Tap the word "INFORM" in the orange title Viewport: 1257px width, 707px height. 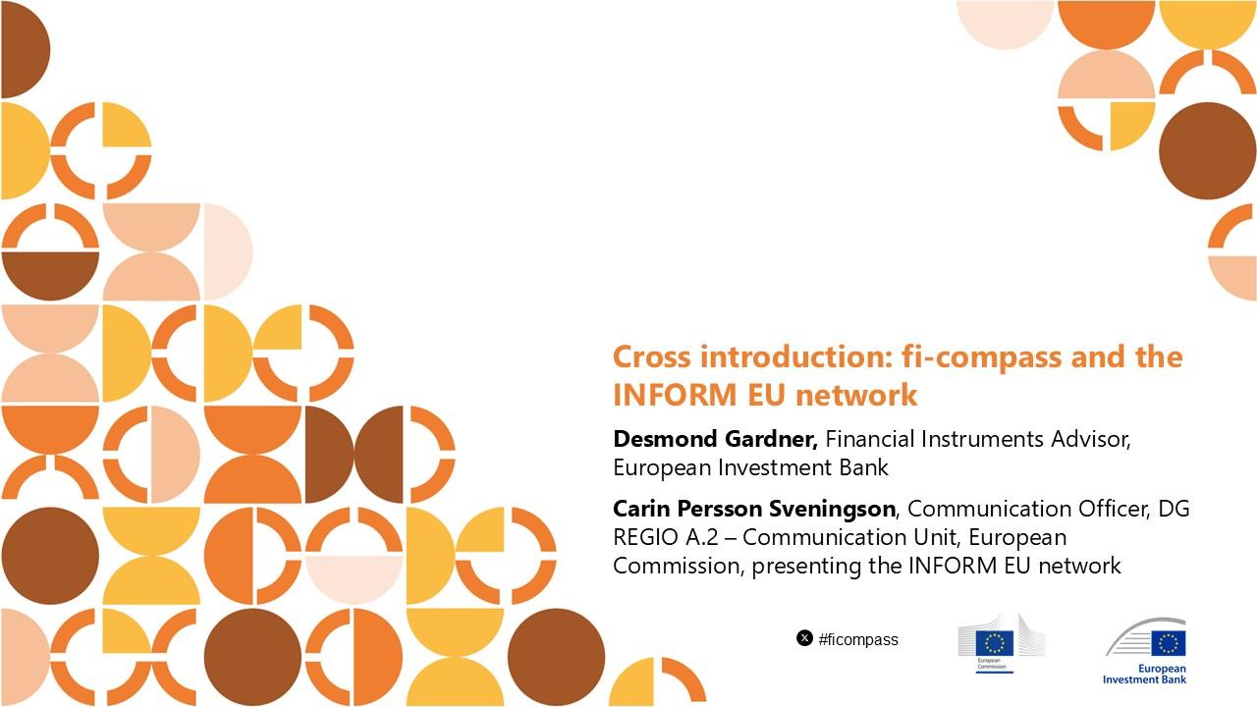click(x=675, y=395)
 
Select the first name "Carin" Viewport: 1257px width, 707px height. click(x=641, y=509)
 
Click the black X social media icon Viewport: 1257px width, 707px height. click(x=804, y=638)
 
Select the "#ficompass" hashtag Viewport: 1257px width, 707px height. click(x=858, y=639)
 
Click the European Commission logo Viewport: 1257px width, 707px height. click(x=1001, y=643)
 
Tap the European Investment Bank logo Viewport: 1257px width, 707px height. click(x=1145, y=651)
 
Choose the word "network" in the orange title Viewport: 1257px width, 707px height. click(x=856, y=395)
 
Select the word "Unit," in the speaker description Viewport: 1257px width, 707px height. click(x=937, y=537)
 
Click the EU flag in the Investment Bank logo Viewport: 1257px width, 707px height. click(x=1169, y=643)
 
